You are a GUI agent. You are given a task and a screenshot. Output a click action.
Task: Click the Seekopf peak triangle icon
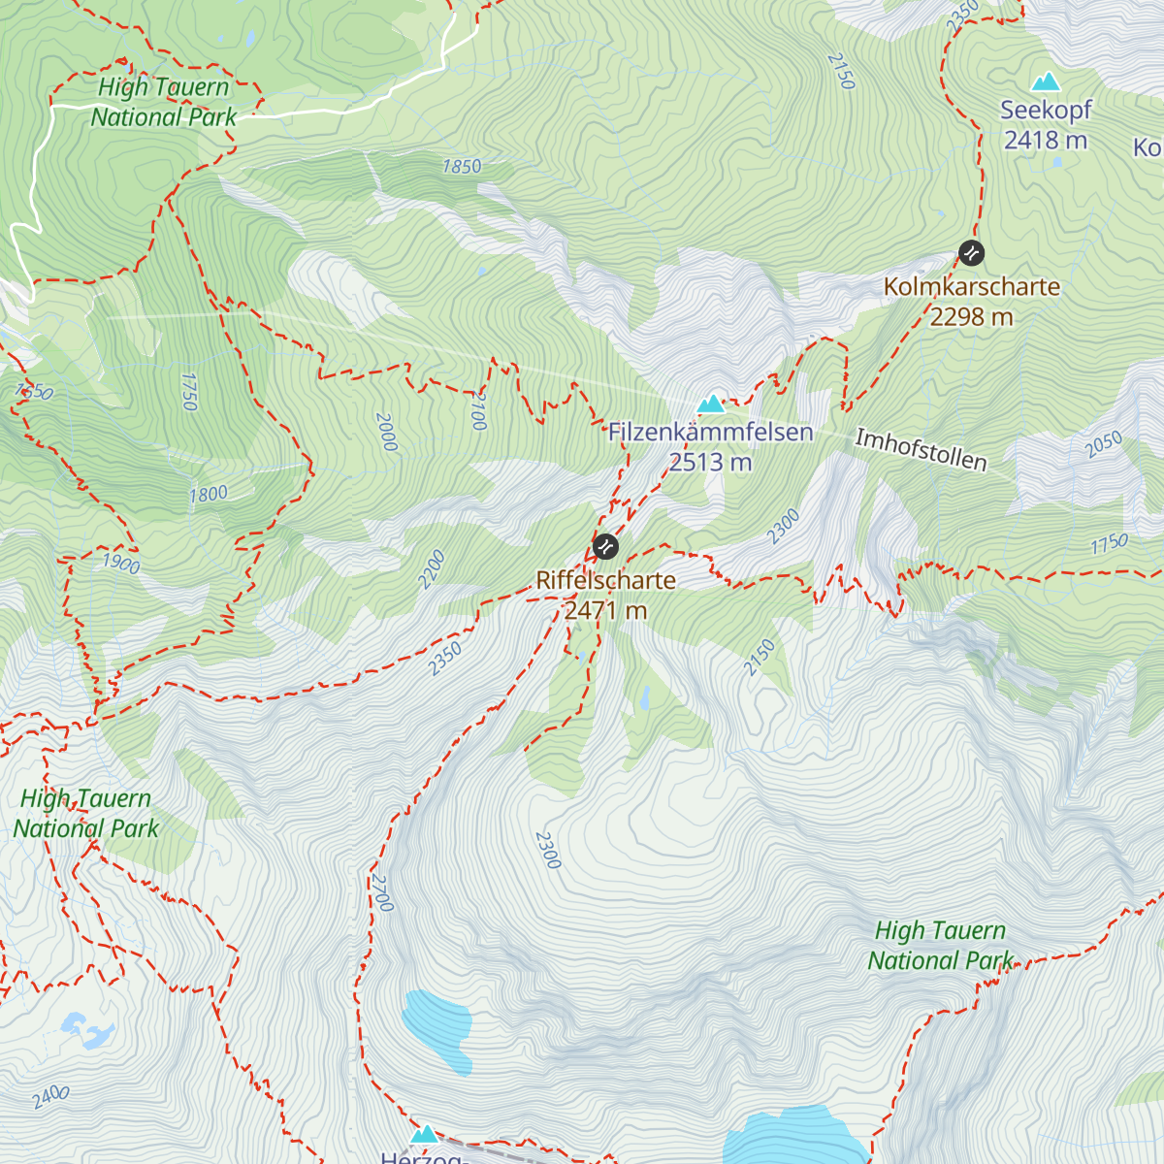tap(1045, 82)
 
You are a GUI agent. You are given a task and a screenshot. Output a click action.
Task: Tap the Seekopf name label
tap(1046, 111)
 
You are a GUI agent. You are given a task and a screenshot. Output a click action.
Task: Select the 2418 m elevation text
tap(1046, 141)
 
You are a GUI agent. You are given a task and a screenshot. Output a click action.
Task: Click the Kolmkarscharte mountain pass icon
tap(971, 254)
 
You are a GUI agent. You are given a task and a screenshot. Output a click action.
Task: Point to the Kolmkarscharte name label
tap(971, 287)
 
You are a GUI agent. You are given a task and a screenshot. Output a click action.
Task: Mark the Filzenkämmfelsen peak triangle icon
tap(711, 404)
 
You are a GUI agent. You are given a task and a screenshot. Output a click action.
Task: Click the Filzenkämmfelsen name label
tap(710, 433)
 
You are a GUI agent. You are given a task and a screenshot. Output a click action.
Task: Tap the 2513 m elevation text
tap(710, 463)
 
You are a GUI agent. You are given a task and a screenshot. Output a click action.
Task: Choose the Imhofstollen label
tap(921, 450)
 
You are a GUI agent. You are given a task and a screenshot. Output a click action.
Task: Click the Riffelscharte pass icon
tap(605, 547)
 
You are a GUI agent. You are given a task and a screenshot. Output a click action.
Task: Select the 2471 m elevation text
tap(605, 611)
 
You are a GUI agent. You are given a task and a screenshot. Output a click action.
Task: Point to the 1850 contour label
tap(462, 167)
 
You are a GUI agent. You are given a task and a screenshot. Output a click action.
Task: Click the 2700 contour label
tap(381, 893)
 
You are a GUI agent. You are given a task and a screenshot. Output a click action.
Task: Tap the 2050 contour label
tap(1104, 444)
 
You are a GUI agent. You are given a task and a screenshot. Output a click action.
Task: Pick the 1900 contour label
tap(121, 564)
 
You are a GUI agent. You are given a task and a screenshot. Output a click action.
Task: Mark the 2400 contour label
tap(50, 1097)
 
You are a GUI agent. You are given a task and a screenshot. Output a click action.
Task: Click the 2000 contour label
tap(386, 433)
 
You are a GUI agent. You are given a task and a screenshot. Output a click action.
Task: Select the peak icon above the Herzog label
tap(424, 1134)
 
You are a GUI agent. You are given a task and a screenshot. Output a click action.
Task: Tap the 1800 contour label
tap(209, 495)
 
